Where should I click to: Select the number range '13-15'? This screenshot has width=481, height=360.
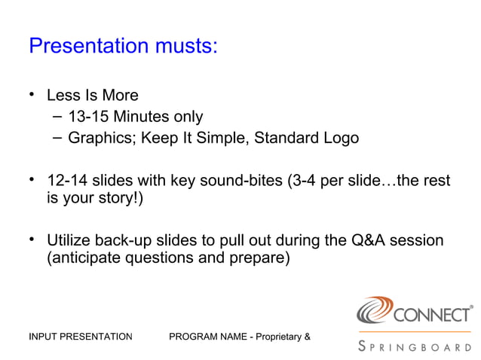tap(88, 117)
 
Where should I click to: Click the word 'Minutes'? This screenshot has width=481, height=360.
tap(140, 117)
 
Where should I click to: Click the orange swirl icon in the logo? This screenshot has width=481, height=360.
tap(374, 310)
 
